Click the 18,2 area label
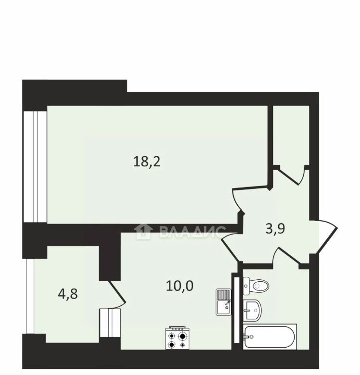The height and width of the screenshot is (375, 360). click(x=146, y=162)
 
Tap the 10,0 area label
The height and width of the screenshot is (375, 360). click(x=180, y=286)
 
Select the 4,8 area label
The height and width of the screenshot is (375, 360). click(x=68, y=294)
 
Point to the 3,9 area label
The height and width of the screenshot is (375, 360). click(x=275, y=229)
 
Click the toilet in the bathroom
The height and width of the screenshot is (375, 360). click(x=256, y=285)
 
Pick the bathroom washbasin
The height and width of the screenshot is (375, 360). click(x=252, y=310)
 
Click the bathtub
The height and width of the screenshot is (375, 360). click(x=270, y=337)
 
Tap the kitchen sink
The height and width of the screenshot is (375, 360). click(x=224, y=302)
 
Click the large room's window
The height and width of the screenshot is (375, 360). click(x=35, y=167)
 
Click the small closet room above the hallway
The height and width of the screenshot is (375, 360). click(x=291, y=135)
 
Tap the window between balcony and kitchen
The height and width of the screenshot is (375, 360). click(x=110, y=323)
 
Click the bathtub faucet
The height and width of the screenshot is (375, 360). click(x=247, y=337)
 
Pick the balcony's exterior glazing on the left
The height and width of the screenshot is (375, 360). click(x=30, y=296)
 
